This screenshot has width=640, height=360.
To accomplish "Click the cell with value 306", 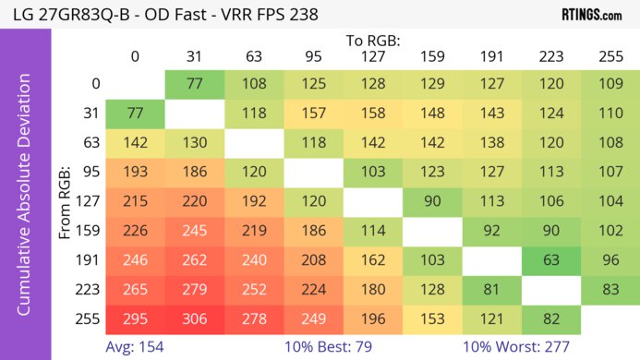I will click(194, 318).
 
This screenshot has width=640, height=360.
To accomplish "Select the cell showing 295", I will click(135, 318).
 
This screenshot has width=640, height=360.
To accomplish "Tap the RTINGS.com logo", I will click(591, 15).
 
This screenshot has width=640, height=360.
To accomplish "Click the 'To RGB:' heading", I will click(372, 41).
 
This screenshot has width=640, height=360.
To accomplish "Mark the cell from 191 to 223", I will click(551, 260).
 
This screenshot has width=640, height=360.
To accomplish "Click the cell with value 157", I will click(313, 114).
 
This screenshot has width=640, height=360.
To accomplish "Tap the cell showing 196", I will click(372, 318).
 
